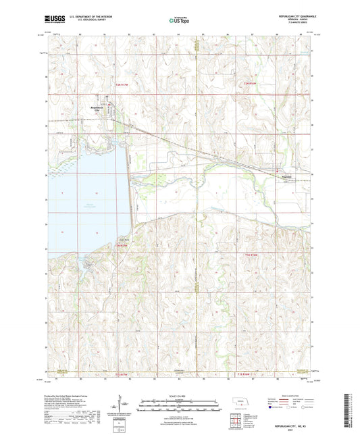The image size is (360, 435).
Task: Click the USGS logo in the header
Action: pyautogui.click(x=55, y=20)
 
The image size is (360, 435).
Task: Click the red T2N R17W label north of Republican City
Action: pyautogui.click(x=123, y=83)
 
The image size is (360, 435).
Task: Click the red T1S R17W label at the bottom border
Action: pyautogui.click(x=123, y=374)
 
